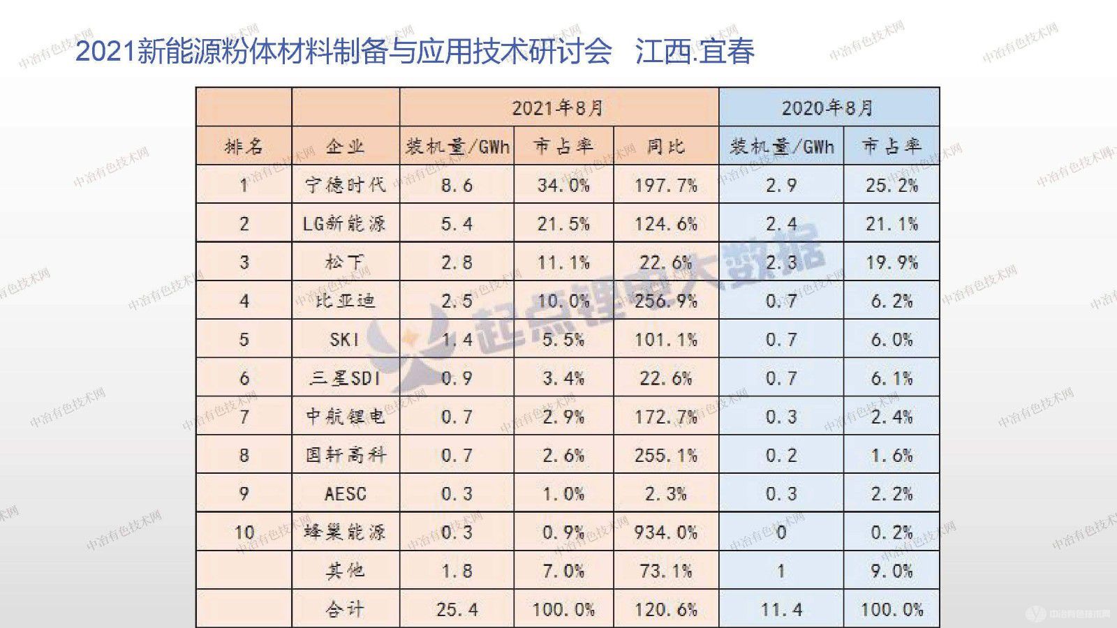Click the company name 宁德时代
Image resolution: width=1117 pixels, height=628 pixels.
tap(345, 185)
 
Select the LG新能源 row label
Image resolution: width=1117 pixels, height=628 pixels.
tap(345, 224)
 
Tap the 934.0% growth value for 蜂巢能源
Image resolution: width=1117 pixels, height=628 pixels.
tap(665, 532)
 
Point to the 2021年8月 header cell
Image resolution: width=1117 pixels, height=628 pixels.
tap(558, 108)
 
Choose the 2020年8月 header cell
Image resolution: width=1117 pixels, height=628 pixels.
tap(828, 108)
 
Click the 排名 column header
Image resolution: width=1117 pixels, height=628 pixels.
tap(244, 147)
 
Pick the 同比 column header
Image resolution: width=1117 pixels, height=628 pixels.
tap(665, 147)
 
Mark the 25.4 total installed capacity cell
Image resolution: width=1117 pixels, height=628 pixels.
tap(457, 609)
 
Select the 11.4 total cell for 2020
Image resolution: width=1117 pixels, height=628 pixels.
tap(781, 609)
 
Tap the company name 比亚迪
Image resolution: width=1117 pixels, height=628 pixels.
tap(345, 301)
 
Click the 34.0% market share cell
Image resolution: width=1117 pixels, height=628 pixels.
tap(563, 185)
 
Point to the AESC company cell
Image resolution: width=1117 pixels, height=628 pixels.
tap(345, 494)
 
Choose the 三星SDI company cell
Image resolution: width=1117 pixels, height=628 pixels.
tap(345, 378)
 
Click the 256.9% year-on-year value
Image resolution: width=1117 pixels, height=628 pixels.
tap(665, 301)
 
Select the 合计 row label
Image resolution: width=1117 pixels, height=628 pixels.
tap(345, 609)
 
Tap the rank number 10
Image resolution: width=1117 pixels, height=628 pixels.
tap(244, 532)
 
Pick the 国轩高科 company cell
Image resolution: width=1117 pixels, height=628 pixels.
tap(345, 455)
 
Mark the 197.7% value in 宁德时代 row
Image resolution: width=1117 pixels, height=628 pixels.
tap(665, 185)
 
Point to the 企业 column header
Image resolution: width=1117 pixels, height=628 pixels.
tap(345, 147)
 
